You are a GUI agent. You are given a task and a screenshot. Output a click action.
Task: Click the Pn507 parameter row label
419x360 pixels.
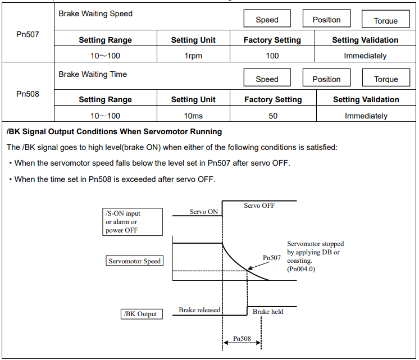coord(28,34)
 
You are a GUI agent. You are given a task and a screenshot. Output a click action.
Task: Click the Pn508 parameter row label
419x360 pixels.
coord(28,94)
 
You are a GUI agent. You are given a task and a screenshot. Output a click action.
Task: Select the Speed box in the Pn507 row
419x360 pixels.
coord(267,18)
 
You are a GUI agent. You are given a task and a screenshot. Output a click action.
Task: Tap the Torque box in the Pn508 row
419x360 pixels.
coord(386,78)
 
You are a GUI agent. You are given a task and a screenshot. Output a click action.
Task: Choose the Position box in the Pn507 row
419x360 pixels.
coord(326,18)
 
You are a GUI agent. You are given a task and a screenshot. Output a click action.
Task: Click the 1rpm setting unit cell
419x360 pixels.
coord(193,56)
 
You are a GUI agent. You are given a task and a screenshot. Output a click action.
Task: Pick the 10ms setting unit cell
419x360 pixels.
coord(193,116)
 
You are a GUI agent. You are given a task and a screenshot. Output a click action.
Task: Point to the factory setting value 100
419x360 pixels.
coord(272,56)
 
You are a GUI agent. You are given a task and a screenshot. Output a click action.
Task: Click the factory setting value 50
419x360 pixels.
coord(273,116)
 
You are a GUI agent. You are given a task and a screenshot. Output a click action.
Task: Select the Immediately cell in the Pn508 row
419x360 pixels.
coord(366,116)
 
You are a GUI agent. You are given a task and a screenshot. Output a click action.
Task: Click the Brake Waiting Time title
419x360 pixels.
coord(93,74)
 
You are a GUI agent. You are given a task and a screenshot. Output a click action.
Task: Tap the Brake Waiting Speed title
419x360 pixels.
coord(95,13)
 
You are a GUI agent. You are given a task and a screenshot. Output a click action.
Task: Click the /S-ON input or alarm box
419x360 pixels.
coord(133,222)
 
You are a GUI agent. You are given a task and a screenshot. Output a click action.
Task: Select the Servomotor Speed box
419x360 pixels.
coord(134,261)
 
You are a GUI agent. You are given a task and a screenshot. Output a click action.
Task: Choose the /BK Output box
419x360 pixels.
coord(142,314)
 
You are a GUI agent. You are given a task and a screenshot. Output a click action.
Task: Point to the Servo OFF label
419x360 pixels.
coord(259,206)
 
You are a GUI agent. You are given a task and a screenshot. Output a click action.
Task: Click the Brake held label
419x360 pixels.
coord(268,312)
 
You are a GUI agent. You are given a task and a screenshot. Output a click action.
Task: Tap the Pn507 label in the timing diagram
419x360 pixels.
coord(272,258)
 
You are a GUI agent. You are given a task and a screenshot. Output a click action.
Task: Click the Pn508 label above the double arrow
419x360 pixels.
coord(242,338)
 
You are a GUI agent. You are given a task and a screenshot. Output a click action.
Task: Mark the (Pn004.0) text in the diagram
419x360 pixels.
coord(301,269)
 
